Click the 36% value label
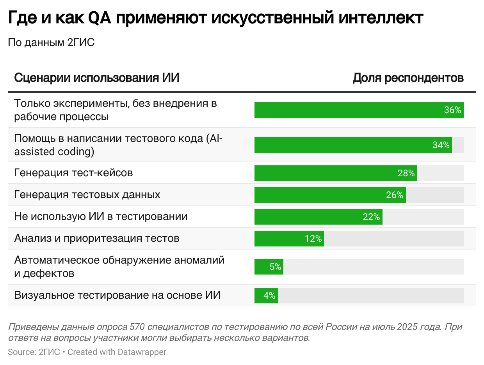[452, 110]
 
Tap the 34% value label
[441, 145]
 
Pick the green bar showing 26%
[329, 195]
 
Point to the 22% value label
[371, 217]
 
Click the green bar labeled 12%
[289, 239]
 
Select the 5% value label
[275, 267]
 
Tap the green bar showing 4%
[266, 296]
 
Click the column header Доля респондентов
[408, 78]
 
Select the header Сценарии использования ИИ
[96, 78]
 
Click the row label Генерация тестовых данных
[87, 194]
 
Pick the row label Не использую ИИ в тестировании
[101, 216]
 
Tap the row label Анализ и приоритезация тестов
[97, 238]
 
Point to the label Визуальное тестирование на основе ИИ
[117, 295]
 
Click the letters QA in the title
[101, 18]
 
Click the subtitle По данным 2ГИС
[51, 43]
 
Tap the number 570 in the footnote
[139, 327]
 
